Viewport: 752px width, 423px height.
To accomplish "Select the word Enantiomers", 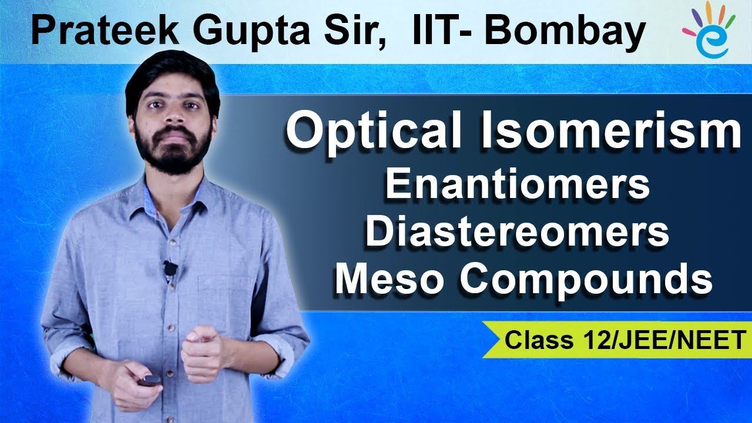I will coord(518,185).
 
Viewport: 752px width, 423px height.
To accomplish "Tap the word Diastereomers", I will coord(518,232).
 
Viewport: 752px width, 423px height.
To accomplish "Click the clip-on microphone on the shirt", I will coord(170,268).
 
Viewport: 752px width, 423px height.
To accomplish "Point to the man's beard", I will coord(173,150).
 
